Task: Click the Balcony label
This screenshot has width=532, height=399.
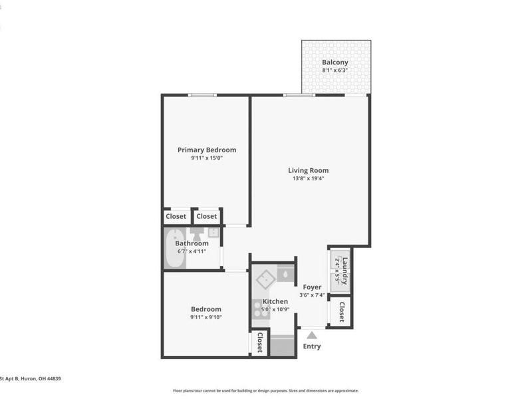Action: [335, 63]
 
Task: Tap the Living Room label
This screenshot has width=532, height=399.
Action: [308, 170]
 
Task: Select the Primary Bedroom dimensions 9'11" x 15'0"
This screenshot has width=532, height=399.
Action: [206, 158]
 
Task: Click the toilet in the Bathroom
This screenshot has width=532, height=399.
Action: [198, 235]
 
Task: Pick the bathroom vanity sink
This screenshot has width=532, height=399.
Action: [213, 233]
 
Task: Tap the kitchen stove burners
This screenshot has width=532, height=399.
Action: [258, 308]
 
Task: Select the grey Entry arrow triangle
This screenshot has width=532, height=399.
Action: [311, 335]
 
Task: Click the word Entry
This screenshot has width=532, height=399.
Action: [311, 346]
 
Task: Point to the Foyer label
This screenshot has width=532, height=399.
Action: [312, 287]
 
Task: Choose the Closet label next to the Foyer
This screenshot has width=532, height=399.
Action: [342, 312]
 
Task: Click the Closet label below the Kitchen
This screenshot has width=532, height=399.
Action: [259, 343]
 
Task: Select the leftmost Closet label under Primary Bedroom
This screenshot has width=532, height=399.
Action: [176, 216]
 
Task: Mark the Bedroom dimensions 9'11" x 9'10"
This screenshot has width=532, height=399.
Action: [206, 317]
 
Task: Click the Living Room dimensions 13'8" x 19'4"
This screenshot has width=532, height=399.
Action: [308, 178]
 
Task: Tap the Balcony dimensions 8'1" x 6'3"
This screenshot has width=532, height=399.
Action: [335, 70]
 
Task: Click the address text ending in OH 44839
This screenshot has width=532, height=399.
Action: [31, 378]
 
